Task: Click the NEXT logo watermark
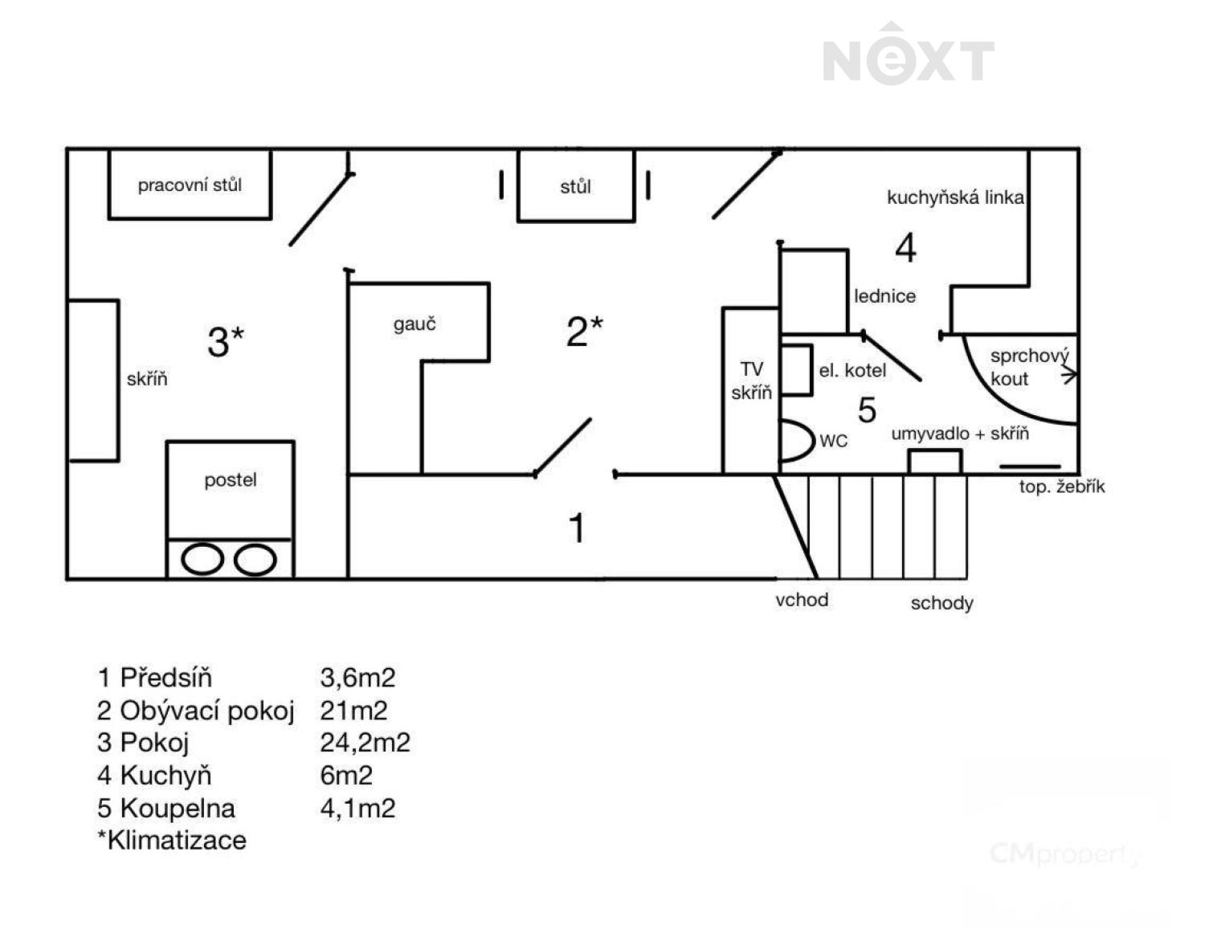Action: [908, 55]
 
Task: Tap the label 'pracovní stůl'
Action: [190, 185]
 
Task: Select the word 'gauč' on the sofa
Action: [415, 324]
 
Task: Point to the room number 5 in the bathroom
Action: [867, 410]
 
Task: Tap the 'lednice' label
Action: [884, 296]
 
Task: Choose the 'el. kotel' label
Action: [852, 370]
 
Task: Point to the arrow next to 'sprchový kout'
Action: [1068, 376]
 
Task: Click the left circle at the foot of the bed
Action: [202, 559]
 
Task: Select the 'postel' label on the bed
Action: [230, 480]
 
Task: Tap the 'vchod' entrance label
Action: [802, 600]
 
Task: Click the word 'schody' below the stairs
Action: [942, 603]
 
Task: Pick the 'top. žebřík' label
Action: [1062, 487]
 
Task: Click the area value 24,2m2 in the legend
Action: [365, 743]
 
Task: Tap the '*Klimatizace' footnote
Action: [172, 841]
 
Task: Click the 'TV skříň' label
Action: [751, 381]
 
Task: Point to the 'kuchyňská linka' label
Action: [955, 198]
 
